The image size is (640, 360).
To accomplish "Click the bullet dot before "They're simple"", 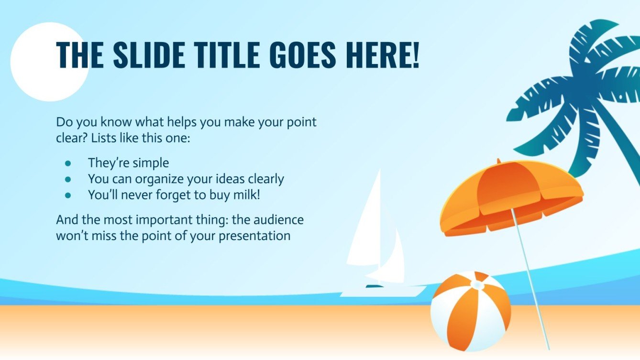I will (68, 163).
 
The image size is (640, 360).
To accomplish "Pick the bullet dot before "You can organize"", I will (68, 179).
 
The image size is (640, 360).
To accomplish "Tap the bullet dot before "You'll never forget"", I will (68, 195).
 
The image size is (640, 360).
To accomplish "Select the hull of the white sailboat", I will (383, 291).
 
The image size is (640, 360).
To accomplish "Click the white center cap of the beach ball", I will (476, 285).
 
